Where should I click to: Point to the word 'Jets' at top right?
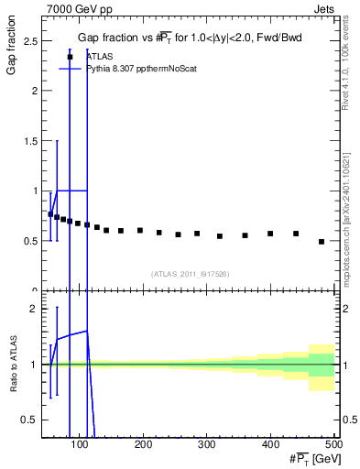324,8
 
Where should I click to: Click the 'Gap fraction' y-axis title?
12,56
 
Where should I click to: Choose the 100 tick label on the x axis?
80,444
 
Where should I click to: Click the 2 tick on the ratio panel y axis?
34,309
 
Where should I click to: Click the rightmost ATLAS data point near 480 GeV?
322,242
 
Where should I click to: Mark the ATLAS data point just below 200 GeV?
140,231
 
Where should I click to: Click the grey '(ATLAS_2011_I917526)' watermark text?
190,274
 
